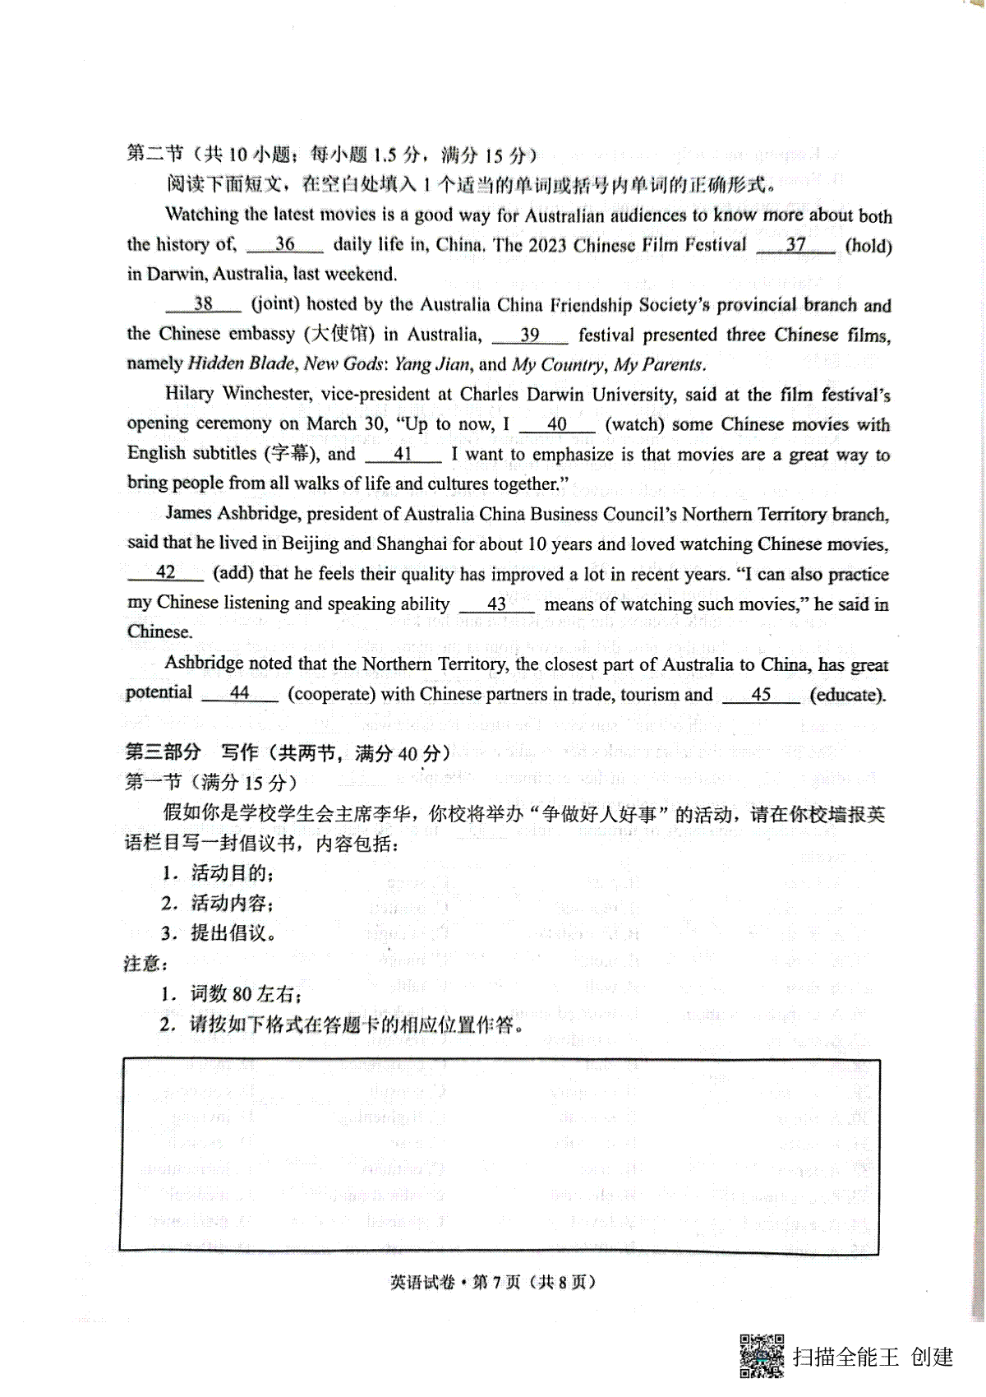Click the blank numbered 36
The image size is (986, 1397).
click(284, 245)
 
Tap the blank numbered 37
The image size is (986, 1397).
click(795, 245)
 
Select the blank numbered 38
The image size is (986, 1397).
click(203, 305)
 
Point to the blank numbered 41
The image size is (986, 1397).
click(403, 455)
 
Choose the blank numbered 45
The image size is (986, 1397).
click(761, 695)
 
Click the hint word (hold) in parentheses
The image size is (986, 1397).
click(869, 246)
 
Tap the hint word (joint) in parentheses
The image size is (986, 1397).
click(274, 305)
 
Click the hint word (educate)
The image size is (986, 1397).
click(848, 695)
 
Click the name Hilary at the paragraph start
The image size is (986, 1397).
click(190, 394)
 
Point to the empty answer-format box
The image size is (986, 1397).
click(500, 1155)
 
